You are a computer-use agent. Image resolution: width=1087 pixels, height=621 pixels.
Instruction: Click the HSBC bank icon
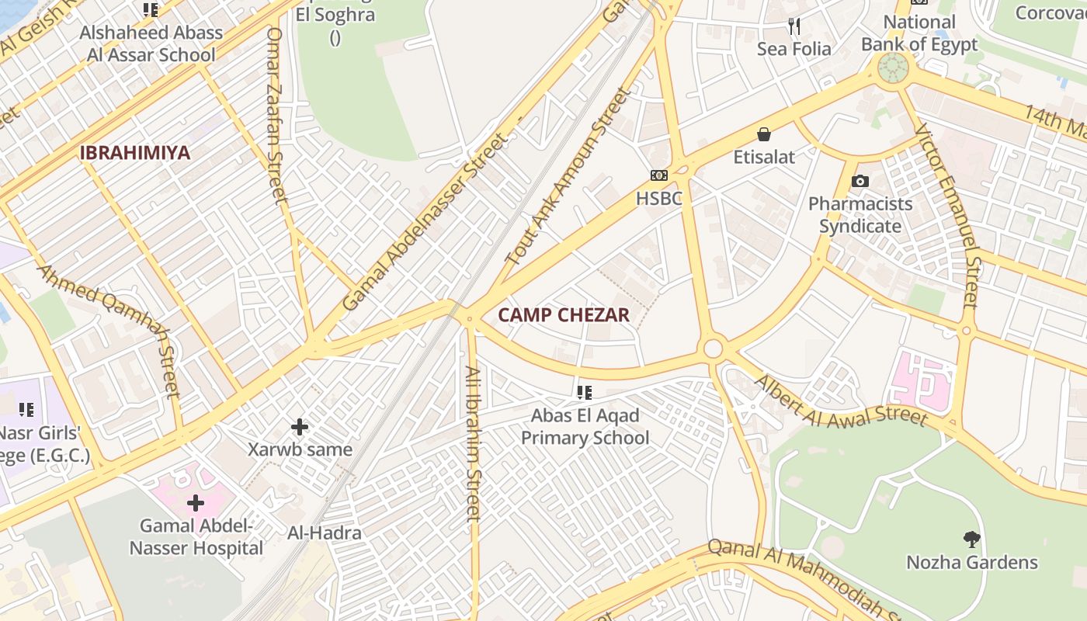tap(658, 176)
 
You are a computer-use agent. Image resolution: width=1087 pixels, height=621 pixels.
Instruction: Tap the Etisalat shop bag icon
tap(764, 135)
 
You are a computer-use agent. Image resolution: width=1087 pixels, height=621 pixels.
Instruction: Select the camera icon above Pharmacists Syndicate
tap(860, 182)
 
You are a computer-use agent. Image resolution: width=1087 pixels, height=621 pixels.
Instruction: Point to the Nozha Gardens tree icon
tap(971, 539)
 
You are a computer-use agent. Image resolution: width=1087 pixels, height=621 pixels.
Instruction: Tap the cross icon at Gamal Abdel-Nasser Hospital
tap(196, 503)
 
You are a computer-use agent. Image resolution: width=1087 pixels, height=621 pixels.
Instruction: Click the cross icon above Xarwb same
tap(300, 427)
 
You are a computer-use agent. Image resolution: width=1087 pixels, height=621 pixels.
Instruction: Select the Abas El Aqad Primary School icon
tap(585, 393)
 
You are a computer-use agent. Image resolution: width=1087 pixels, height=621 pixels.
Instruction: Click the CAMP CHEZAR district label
tap(563, 315)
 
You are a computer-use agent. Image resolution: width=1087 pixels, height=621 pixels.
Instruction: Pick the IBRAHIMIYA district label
tap(134, 153)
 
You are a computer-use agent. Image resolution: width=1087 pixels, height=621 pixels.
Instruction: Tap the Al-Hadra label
tap(324, 533)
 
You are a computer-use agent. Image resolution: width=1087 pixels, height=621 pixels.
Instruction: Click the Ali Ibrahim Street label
tap(473, 442)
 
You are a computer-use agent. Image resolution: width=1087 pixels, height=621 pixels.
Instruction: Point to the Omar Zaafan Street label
tap(277, 116)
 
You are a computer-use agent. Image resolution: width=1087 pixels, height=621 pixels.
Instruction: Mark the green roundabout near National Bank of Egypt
tap(893, 68)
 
